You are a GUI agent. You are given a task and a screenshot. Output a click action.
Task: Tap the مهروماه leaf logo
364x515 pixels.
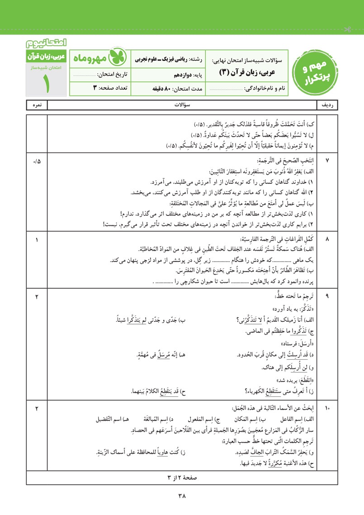(117, 58)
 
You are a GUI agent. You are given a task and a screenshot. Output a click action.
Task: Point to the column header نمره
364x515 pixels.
(37, 105)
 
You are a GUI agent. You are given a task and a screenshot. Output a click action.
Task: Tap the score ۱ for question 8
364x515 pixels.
(37, 238)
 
